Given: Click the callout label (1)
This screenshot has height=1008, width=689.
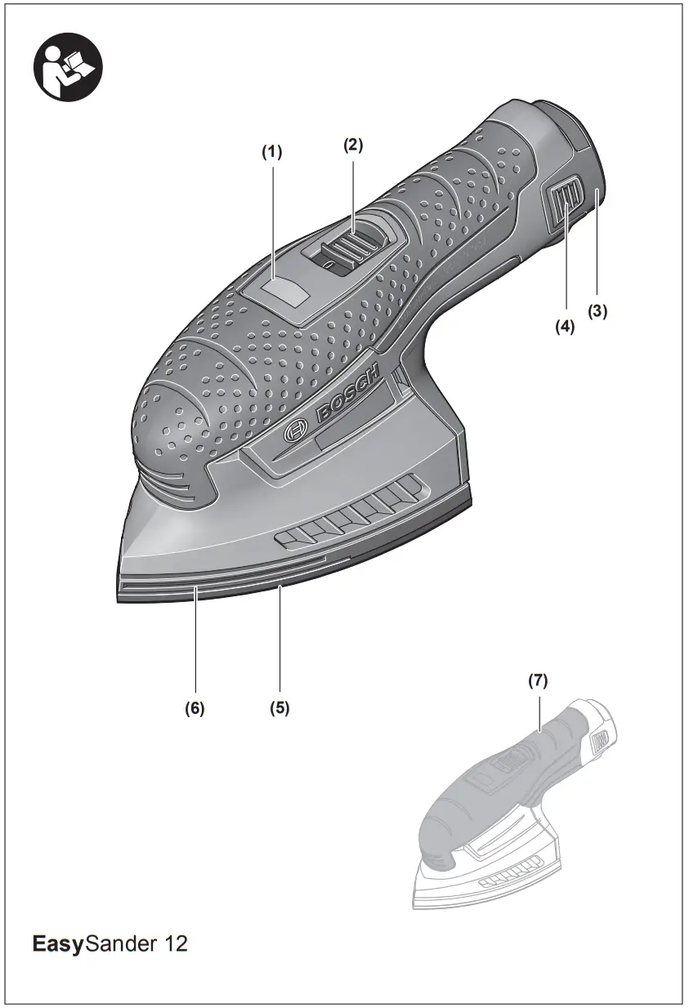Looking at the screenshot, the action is click(272, 153).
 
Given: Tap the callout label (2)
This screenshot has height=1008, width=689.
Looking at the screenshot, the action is click(353, 145).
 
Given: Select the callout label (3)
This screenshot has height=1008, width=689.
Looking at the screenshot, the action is click(597, 311).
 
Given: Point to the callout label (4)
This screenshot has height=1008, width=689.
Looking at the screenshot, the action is click(565, 326).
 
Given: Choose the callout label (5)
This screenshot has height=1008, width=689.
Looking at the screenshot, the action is click(280, 708).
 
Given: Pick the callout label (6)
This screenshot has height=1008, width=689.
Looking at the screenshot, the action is click(195, 708).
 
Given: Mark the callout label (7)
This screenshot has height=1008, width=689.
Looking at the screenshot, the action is click(538, 681).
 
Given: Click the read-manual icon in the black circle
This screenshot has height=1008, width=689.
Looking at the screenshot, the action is click(68, 67).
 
